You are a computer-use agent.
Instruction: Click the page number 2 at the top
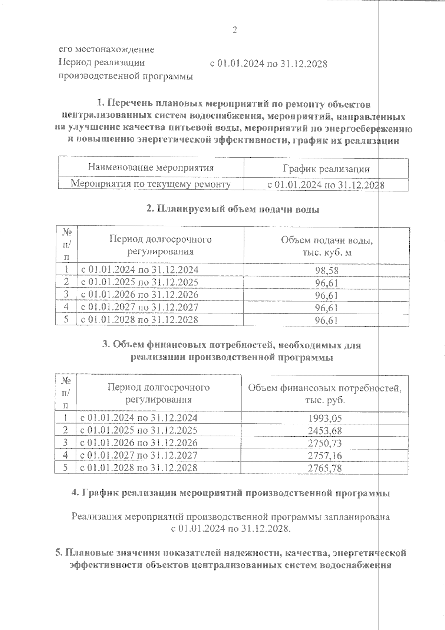[234, 30]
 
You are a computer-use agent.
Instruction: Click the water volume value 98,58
[327, 270]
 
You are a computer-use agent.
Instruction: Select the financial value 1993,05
[325, 419]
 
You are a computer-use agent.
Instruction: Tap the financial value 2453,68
[325, 431]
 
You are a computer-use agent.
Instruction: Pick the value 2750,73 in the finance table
[325, 443]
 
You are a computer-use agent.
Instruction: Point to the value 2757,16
[325, 455]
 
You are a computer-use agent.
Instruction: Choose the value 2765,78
[325, 468]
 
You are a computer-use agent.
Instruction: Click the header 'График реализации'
[326, 169]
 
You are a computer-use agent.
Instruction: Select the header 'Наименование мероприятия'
[151, 167]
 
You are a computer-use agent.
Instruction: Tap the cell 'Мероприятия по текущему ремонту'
[151, 184]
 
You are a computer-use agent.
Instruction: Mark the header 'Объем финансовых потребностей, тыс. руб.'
[325, 394]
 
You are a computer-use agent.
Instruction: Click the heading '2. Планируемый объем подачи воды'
[233, 209]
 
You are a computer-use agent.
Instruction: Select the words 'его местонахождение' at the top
[106, 49]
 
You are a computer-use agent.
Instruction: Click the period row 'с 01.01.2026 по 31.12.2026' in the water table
[139, 295]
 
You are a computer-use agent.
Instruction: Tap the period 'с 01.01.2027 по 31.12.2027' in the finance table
[139, 455]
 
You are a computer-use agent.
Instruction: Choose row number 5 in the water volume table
[66, 319]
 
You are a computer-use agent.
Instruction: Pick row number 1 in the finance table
[65, 418]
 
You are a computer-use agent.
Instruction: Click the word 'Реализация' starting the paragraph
[96, 516]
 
